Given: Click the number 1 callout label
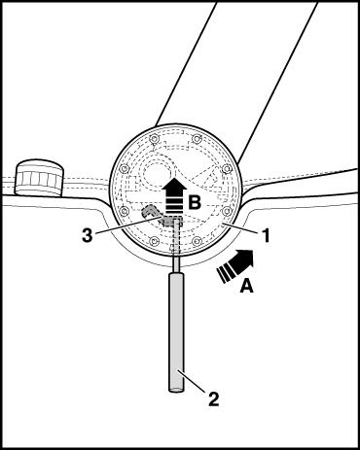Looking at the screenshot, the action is click(x=266, y=235).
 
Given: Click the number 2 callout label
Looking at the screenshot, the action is click(x=213, y=398).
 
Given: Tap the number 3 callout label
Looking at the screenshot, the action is click(x=87, y=235).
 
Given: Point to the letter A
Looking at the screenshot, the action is click(x=247, y=287).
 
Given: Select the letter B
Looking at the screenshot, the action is click(x=195, y=203).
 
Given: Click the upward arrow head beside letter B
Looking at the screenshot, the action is click(x=174, y=186).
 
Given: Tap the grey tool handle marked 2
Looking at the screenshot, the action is click(x=176, y=332).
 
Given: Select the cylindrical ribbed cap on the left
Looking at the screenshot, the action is click(x=39, y=178).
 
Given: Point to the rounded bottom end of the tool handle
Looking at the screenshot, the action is click(x=176, y=390).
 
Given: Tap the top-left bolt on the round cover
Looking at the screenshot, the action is click(x=155, y=139).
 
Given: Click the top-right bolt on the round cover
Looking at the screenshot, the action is click(x=196, y=139).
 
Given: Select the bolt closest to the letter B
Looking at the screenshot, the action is click(x=227, y=211).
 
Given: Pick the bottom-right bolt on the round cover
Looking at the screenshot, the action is click(x=196, y=241).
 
